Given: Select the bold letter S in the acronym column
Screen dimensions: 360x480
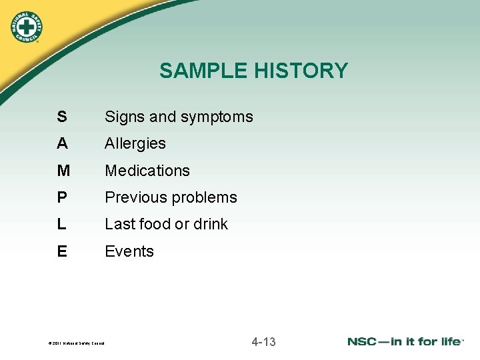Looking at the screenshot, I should click(x=61, y=117).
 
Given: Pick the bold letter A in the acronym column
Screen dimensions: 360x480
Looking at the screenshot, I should click(x=62, y=143).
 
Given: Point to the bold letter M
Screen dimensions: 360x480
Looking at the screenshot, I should click(x=63, y=171).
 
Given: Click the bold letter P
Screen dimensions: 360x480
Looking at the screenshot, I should click(x=62, y=197).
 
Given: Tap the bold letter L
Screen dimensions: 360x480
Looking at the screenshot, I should click(x=61, y=224).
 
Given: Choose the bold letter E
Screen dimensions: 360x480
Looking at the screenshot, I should click(x=62, y=251).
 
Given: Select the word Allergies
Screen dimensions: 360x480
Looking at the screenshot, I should click(x=135, y=143).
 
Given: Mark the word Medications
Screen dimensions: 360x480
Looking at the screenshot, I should click(x=147, y=171).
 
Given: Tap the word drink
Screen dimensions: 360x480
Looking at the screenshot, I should click(x=210, y=224).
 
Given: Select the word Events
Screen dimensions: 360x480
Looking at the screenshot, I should click(x=129, y=251).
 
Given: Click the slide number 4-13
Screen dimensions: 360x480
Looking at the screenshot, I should click(x=263, y=342).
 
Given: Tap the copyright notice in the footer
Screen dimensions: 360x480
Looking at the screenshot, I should click(x=77, y=343).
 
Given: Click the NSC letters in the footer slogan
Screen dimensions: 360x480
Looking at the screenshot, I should click(x=365, y=341).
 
